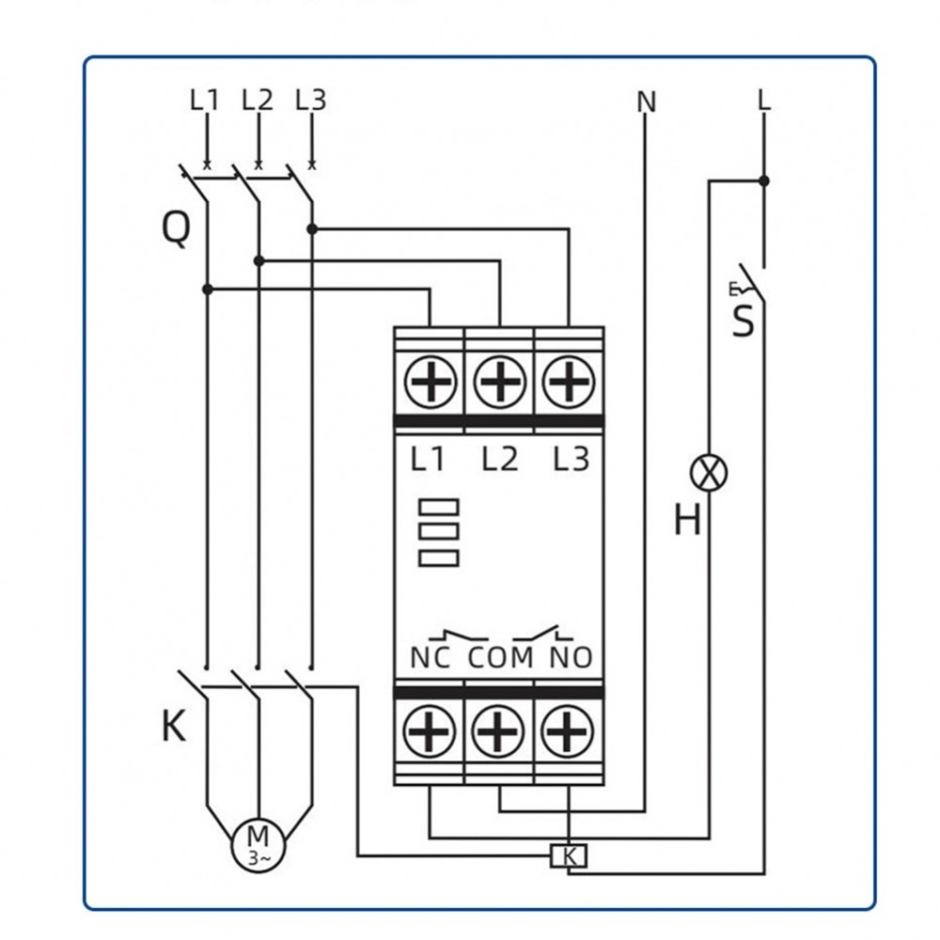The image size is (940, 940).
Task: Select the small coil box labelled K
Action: (x=568, y=855)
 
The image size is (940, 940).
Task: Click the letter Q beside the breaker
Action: (x=176, y=228)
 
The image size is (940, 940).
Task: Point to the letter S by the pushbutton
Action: (x=744, y=321)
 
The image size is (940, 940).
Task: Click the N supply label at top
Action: (x=646, y=102)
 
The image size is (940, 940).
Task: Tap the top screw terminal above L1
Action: (x=431, y=383)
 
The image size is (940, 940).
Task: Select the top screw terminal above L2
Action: (x=499, y=383)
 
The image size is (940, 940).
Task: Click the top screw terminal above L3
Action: (x=569, y=383)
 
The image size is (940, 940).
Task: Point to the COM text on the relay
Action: (x=500, y=656)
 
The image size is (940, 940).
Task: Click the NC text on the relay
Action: (x=431, y=656)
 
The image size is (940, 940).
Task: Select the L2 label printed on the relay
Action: (x=500, y=460)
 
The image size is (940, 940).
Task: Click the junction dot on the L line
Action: (x=763, y=180)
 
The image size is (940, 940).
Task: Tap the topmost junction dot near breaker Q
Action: (x=312, y=228)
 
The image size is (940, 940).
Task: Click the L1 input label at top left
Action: (x=204, y=100)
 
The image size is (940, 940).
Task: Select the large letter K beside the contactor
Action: (x=174, y=727)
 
